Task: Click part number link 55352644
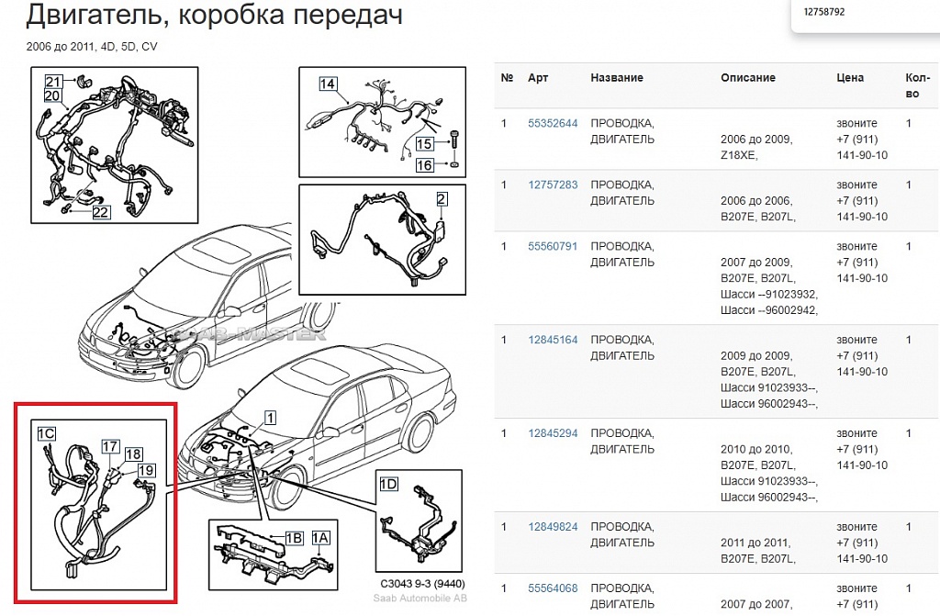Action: [553, 124]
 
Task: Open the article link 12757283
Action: [553, 185]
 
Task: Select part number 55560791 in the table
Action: [553, 247]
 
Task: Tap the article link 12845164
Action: [553, 340]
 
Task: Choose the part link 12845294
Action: [553, 433]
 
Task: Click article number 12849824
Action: [553, 527]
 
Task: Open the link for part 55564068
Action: [553, 588]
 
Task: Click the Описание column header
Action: [747, 78]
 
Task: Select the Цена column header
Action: [850, 78]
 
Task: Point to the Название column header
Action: [617, 78]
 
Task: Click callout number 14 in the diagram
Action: [328, 84]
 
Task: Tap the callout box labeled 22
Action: [101, 212]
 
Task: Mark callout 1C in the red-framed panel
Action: [46, 433]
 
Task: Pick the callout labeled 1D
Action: [388, 484]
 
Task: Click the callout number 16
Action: [424, 165]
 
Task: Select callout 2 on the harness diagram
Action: [442, 199]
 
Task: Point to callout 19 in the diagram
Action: [146, 471]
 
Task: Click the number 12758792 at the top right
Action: [824, 11]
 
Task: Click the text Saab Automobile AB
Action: [420, 598]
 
